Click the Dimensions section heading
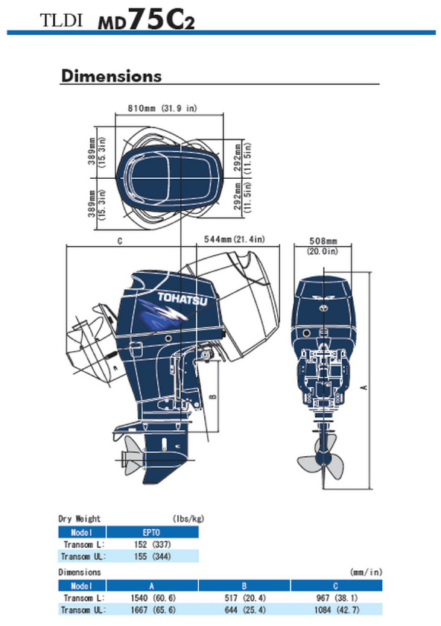tap(111, 76)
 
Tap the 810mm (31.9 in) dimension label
tap(162, 108)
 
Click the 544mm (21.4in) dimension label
tap(234, 239)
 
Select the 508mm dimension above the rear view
tap(323, 241)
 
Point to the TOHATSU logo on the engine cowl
tap(183, 299)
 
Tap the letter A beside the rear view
tap(364, 387)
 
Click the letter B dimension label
tap(213, 396)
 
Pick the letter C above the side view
tap(120, 241)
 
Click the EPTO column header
tap(151, 532)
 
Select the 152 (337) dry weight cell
tap(153, 544)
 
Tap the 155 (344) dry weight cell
tap(153, 556)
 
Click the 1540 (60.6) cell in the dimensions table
tap(153, 598)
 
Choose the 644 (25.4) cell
tap(245, 610)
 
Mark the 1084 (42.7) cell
tap(337, 610)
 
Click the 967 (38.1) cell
tap(337, 598)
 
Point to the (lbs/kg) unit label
tap(188, 519)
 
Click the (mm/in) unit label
tap(367, 572)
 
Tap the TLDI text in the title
tap(61, 20)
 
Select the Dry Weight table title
tap(80, 519)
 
